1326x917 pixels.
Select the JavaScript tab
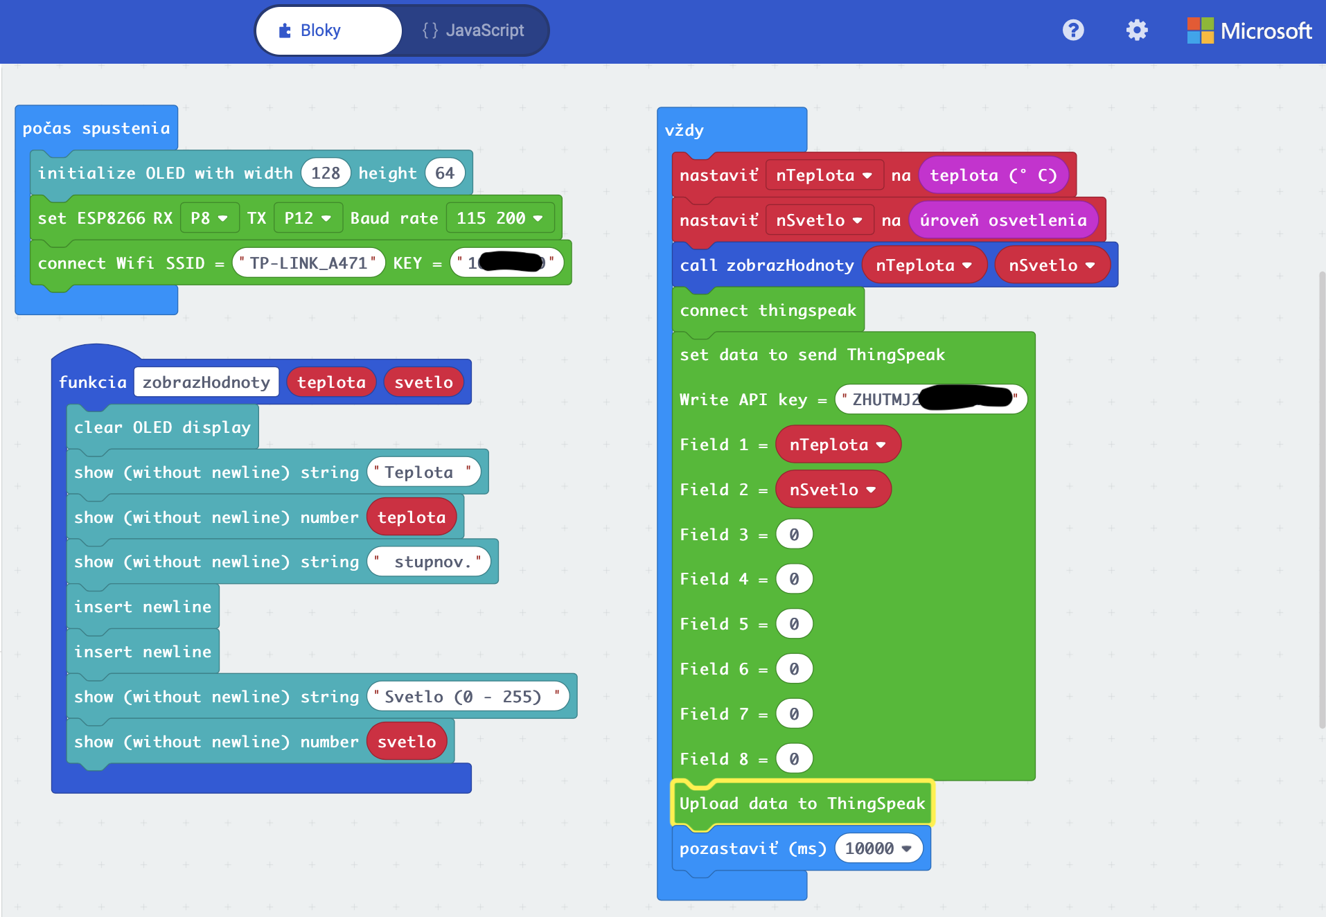[474, 30]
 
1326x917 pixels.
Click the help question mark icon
[1073, 30]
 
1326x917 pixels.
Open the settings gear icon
[1137, 30]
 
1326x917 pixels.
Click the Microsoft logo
[1249, 30]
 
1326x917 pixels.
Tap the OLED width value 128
[326, 173]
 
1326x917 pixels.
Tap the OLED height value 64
[445, 173]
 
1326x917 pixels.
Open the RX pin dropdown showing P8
[209, 218]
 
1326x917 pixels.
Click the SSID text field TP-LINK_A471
[308, 263]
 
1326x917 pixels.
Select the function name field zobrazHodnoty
[206, 382]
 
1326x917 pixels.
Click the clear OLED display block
[162, 427]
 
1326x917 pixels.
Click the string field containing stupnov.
[429, 562]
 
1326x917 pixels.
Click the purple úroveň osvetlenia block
[1003, 220]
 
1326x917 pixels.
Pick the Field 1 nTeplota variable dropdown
[838, 445]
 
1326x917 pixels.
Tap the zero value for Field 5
[794, 624]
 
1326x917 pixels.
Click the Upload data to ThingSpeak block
[802, 803]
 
